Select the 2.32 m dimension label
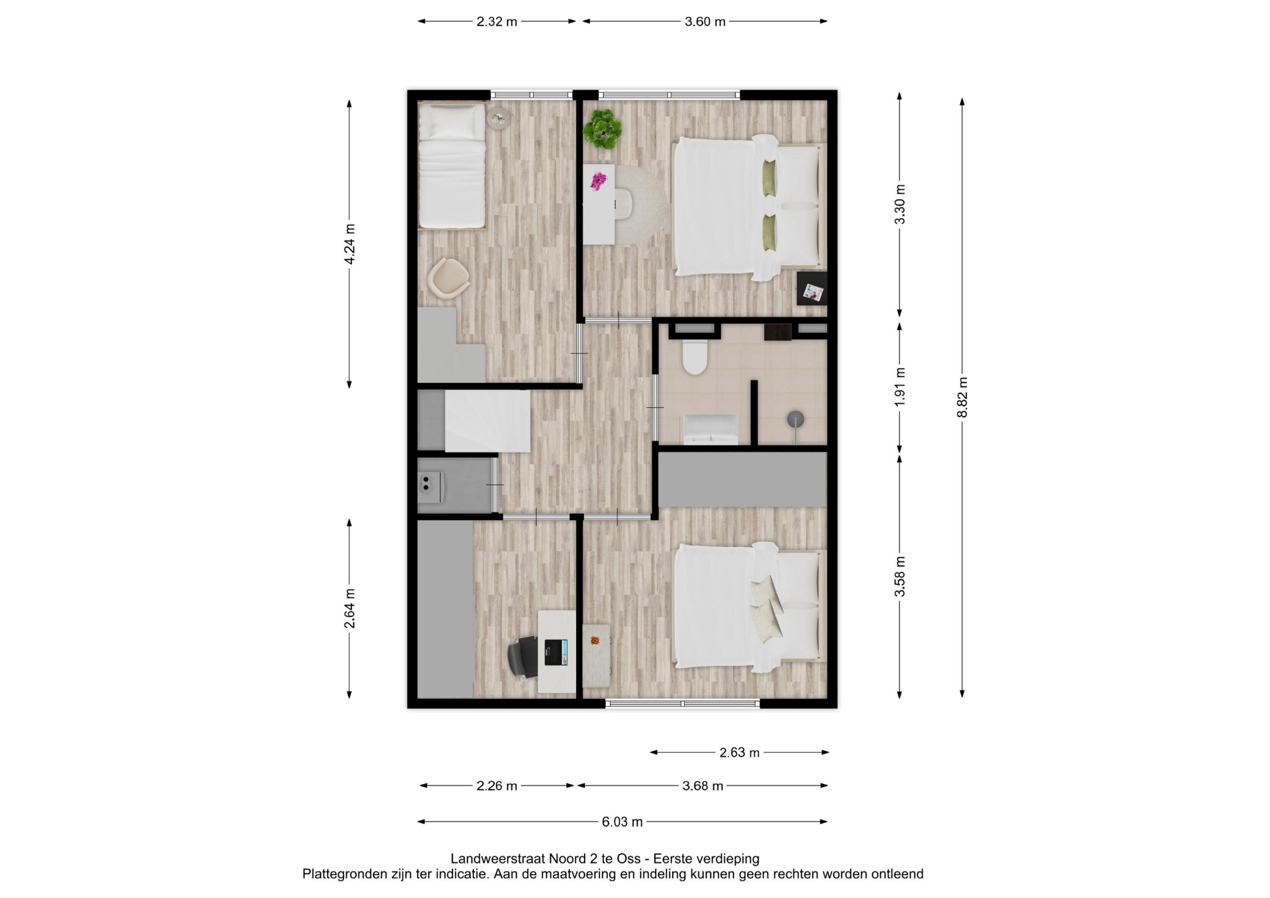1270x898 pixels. pos(497,22)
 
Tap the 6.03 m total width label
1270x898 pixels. pos(622,822)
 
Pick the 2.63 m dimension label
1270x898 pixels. pos(740,752)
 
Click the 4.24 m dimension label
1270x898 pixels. pos(350,244)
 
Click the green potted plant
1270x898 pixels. pos(602,129)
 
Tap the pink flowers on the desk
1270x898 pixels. pos(598,181)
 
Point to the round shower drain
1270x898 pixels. pos(795,420)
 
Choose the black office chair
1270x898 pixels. pos(523,657)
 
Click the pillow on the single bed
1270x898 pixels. pos(452,123)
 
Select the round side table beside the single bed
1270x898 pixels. pos(498,118)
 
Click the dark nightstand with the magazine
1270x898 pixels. pos(812,288)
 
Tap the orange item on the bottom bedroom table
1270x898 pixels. pos(595,641)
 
